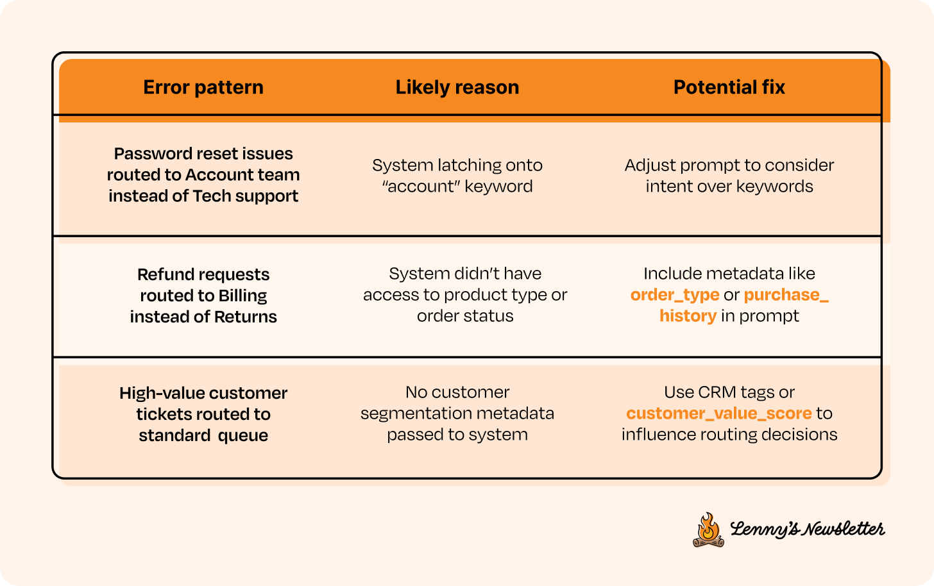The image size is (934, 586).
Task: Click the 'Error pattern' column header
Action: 203,87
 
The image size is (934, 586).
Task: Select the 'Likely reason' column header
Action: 457,87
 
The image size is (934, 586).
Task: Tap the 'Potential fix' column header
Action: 729,87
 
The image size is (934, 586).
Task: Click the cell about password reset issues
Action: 203,175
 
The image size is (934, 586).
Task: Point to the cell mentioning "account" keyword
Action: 457,176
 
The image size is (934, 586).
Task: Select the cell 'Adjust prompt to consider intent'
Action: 729,176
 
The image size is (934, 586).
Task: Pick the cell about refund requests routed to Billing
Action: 203,296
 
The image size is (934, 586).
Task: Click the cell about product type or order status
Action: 465,295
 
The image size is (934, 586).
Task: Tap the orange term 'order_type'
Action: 675,295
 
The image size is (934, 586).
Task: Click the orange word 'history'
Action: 688,316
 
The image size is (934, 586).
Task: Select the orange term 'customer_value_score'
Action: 719,414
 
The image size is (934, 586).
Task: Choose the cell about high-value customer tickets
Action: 203,414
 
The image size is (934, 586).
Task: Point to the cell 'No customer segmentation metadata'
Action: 457,414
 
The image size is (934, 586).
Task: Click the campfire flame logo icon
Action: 708,530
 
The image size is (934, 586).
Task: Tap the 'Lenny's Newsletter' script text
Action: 807,529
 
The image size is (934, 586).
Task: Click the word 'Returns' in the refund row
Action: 245,317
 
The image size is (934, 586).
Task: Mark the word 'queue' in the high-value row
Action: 242,436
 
